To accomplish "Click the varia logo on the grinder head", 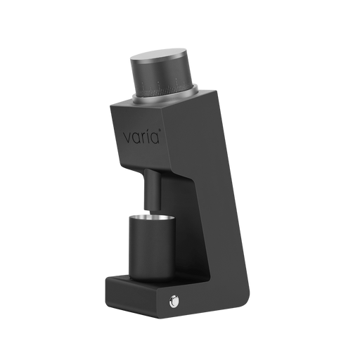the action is tap(142, 136).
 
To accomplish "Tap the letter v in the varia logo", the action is tap(127, 139).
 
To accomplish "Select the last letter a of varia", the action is tap(155, 139).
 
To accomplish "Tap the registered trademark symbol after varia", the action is tap(160, 129).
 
